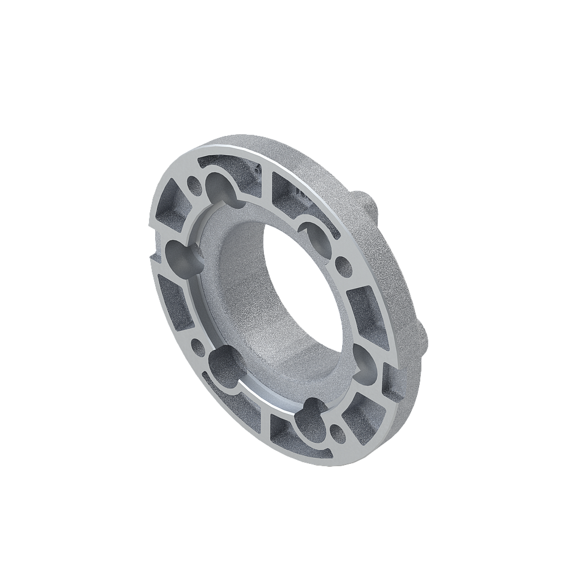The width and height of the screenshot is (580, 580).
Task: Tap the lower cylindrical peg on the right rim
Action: (x=423, y=340)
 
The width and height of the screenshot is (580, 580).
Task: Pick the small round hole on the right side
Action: (x=343, y=265)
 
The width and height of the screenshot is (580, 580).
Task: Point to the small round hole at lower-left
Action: (x=198, y=344)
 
